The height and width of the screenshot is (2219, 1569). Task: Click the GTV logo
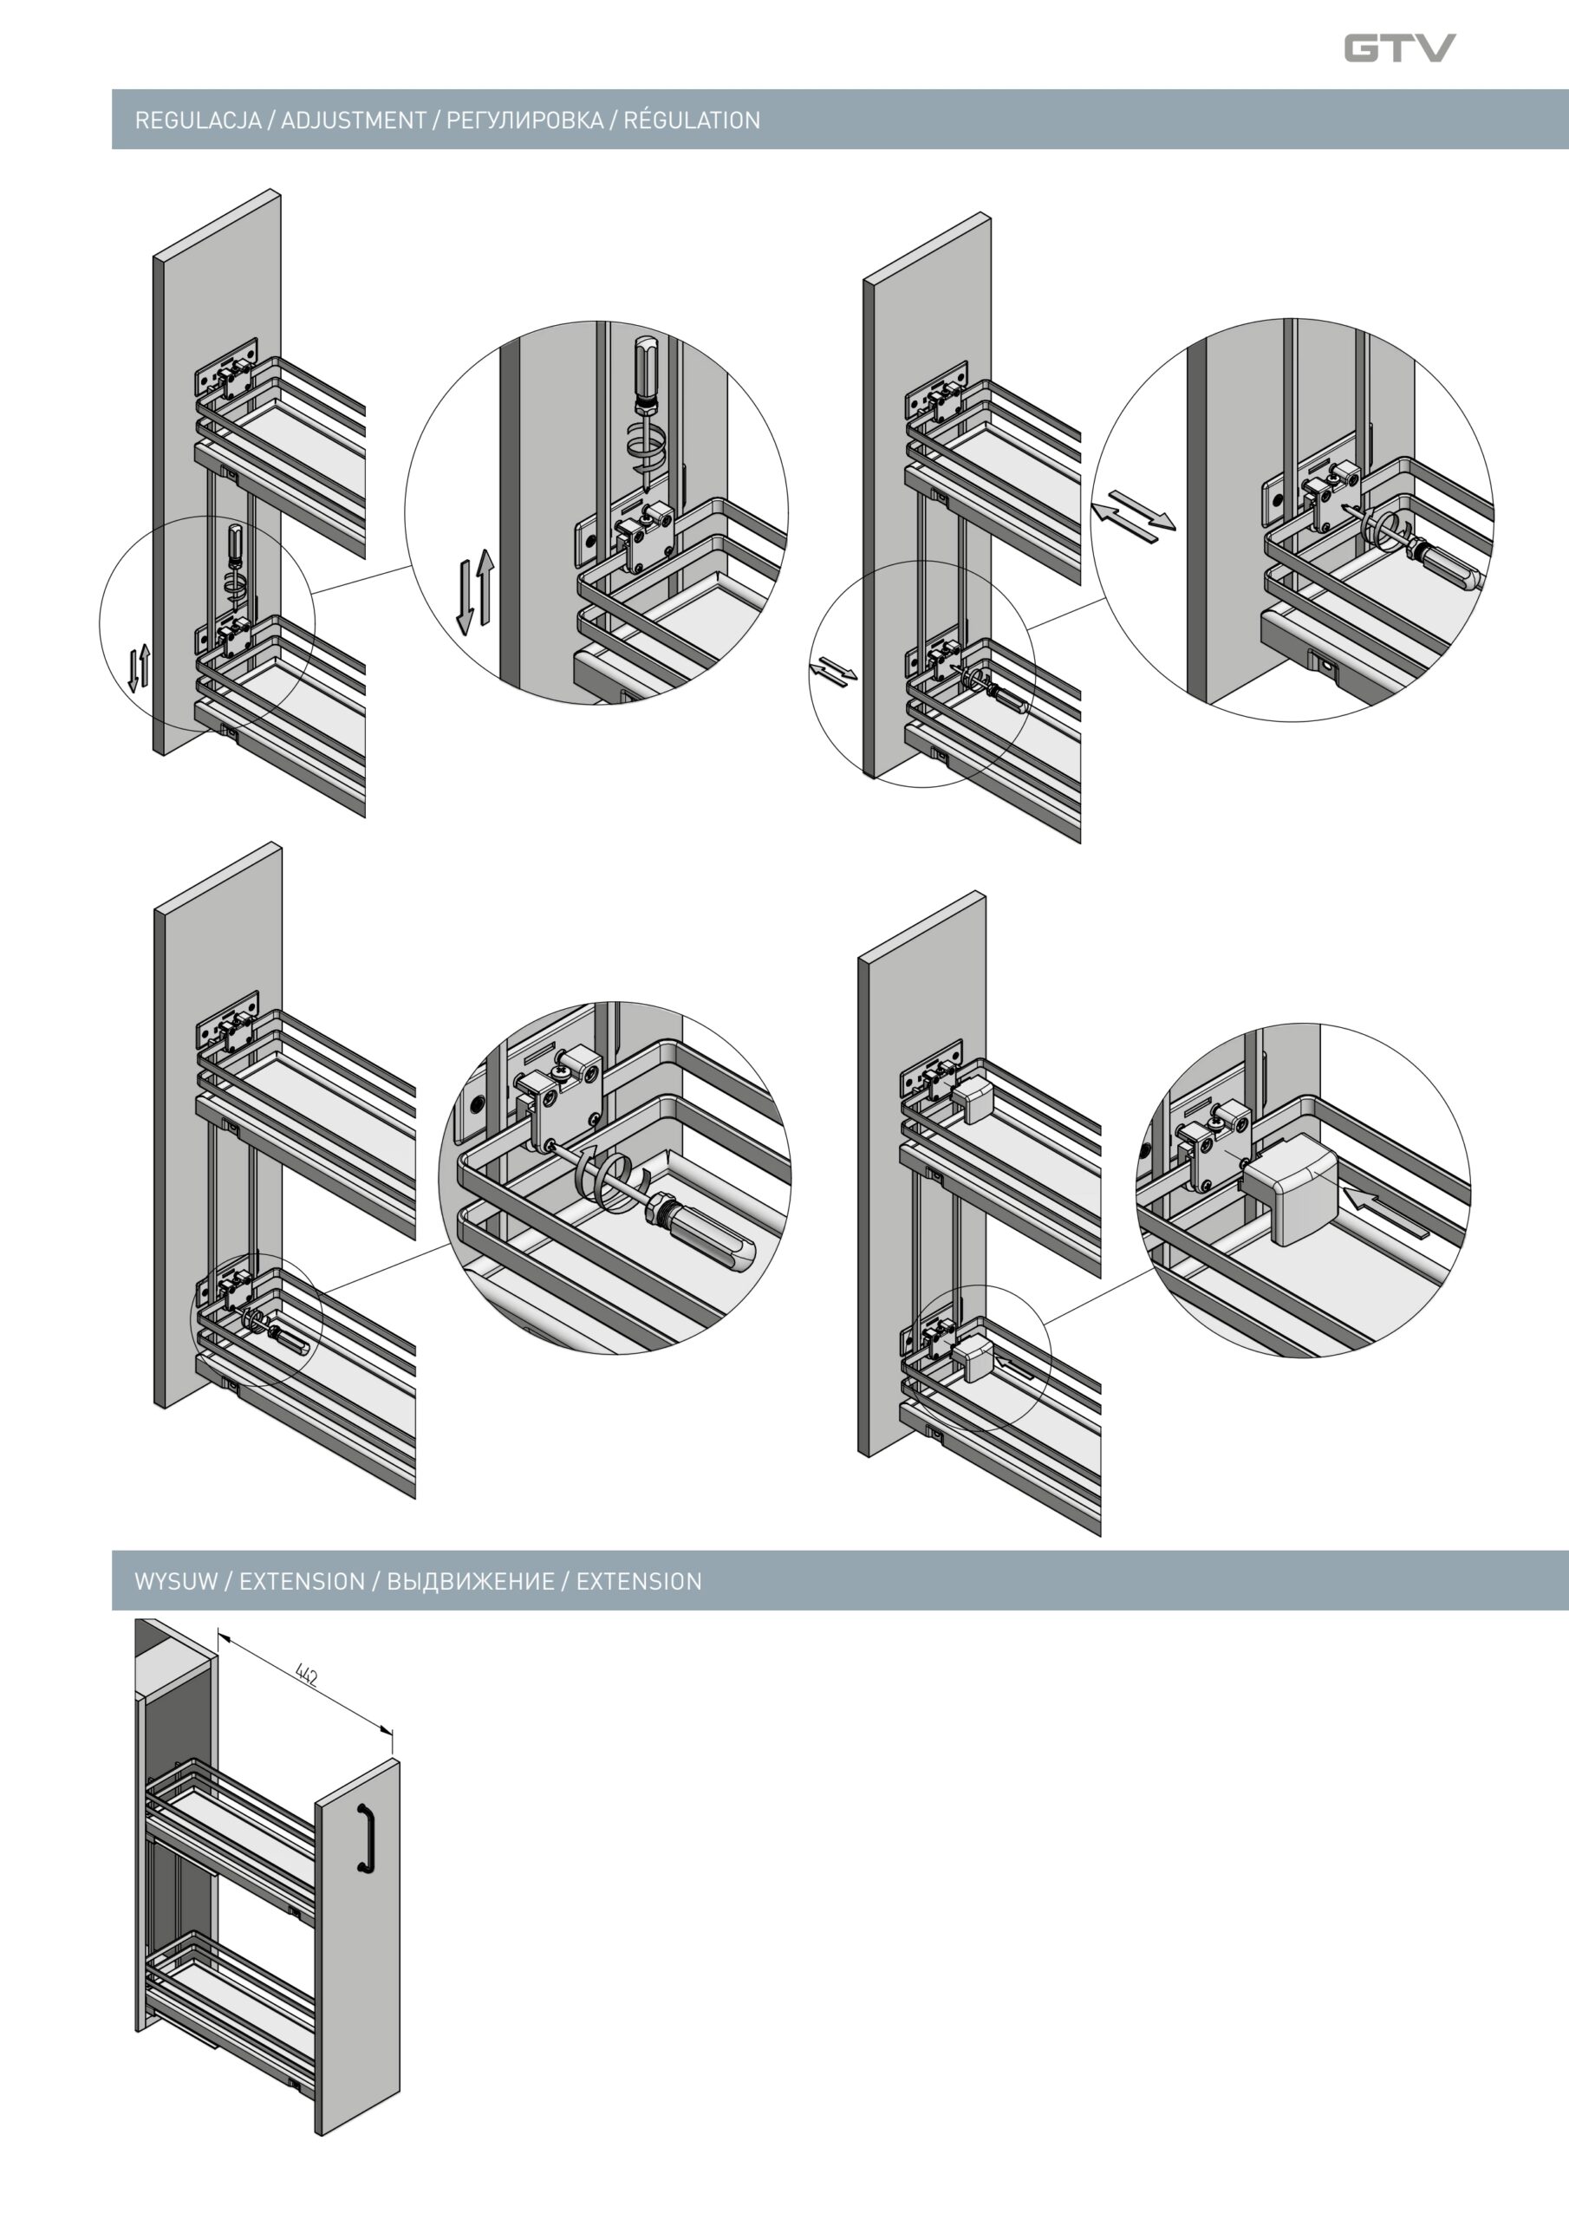point(1399,48)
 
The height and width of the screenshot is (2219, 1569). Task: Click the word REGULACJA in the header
point(199,120)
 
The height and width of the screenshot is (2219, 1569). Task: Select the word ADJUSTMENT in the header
point(354,120)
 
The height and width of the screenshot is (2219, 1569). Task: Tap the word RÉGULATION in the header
point(692,120)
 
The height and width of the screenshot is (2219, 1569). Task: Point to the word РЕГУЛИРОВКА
point(525,120)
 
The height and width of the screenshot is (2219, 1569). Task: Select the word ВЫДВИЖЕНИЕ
point(471,1582)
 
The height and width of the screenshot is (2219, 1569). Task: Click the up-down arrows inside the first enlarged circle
point(475,590)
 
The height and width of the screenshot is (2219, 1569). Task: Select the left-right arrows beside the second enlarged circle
point(1133,511)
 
